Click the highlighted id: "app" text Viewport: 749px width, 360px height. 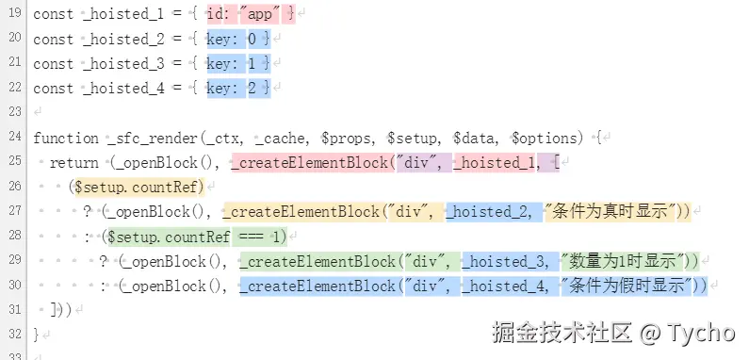251,15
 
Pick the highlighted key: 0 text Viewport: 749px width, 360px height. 238,40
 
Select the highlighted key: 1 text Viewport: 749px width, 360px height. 238,64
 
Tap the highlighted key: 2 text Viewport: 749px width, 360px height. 238,89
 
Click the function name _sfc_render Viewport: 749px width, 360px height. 153,138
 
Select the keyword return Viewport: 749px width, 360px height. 74,162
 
